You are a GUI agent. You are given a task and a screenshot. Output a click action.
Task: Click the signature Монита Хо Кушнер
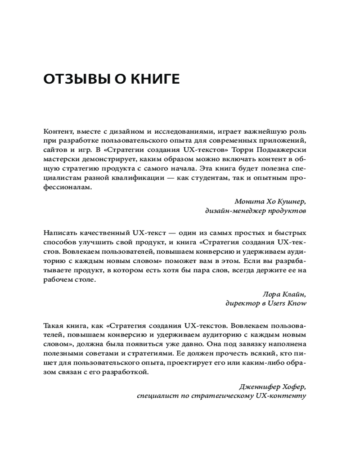(x=270, y=201)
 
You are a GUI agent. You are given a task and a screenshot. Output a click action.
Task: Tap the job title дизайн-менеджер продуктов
(x=255, y=210)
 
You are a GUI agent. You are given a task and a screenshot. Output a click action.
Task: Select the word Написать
(x=60, y=233)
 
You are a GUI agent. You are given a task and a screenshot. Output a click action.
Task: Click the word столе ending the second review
(x=86, y=279)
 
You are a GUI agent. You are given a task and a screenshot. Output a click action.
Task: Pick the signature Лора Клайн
(x=284, y=294)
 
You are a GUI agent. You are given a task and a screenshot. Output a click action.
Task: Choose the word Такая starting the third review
(x=54, y=326)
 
